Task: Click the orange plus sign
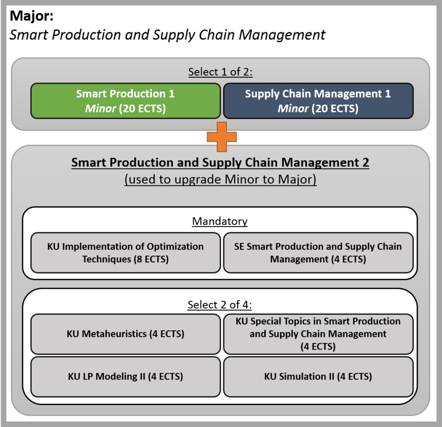(222, 137)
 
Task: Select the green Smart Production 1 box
(125, 101)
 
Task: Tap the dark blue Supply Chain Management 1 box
(318, 101)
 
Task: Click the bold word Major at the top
(31, 16)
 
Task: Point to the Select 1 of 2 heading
(220, 72)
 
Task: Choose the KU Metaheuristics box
(125, 334)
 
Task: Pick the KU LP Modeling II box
(125, 377)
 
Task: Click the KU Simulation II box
(318, 377)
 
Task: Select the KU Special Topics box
(318, 334)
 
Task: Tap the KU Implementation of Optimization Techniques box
(125, 253)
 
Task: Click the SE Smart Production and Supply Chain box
(318, 253)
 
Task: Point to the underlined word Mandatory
(220, 221)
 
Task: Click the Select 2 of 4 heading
(220, 305)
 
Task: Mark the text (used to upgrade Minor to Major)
(220, 180)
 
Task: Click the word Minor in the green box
(101, 109)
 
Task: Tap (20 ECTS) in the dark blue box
(335, 109)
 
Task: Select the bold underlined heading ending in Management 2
(220, 163)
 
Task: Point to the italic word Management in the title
(282, 35)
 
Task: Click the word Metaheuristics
(114, 334)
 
